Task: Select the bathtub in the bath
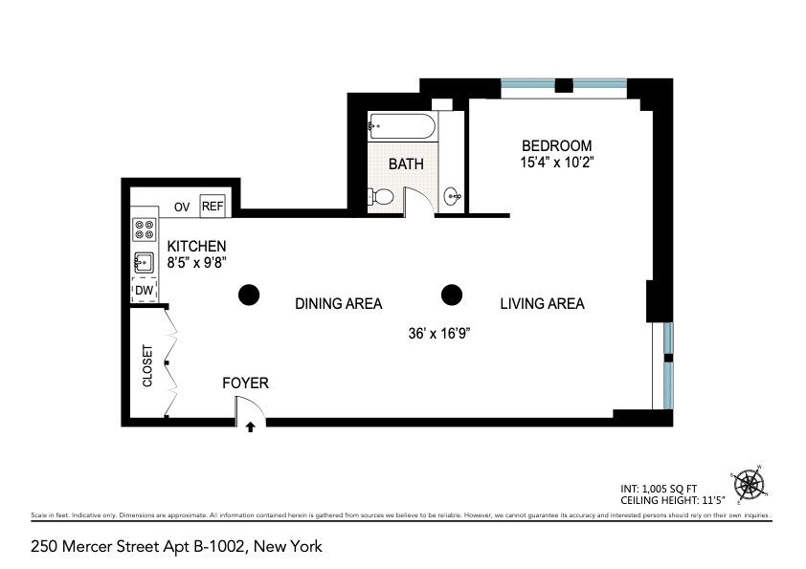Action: click(403, 126)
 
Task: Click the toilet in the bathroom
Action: click(381, 197)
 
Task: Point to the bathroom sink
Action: click(453, 198)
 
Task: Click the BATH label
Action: click(406, 164)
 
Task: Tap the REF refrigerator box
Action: click(212, 206)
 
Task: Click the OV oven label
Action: click(182, 207)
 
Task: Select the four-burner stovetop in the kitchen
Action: click(145, 230)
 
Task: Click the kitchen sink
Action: click(145, 261)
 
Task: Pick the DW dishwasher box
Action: click(144, 291)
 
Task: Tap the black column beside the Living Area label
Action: click(451, 295)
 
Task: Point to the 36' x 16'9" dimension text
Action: click(439, 333)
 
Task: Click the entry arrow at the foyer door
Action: click(251, 427)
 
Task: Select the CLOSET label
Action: click(147, 365)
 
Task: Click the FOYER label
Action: click(245, 383)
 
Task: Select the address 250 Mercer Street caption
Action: click(176, 547)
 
